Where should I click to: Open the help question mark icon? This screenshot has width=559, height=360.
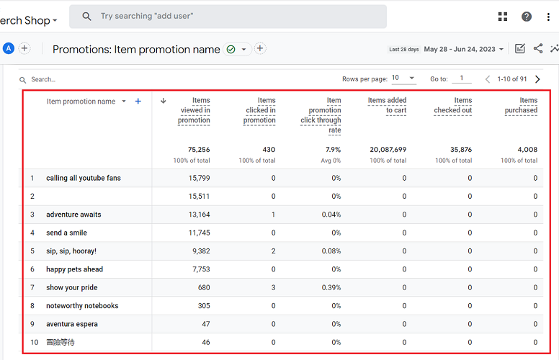click(527, 17)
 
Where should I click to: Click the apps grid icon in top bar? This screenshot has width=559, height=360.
click(503, 17)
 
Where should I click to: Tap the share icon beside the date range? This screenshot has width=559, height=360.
click(538, 49)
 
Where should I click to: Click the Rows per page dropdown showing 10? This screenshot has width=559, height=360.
click(404, 78)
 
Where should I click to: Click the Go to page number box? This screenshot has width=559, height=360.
click(461, 78)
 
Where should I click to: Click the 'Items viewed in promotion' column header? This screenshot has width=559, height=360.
click(194, 110)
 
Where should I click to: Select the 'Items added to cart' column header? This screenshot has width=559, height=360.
click(388, 105)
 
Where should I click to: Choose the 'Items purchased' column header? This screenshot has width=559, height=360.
click(521, 105)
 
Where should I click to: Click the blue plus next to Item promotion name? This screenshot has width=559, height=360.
click(138, 102)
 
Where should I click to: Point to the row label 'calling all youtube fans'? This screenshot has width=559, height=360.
click(83, 178)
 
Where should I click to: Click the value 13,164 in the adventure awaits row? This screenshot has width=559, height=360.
click(198, 215)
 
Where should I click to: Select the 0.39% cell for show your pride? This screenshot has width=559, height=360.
click(331, 287)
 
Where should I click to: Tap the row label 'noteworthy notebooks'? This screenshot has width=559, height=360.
click(82, 306)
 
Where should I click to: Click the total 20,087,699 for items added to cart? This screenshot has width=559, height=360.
click(388, 150)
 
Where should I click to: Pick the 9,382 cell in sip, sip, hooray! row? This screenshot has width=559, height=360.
click(199, 251)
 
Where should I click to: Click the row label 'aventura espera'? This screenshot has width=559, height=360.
click(71, 324)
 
